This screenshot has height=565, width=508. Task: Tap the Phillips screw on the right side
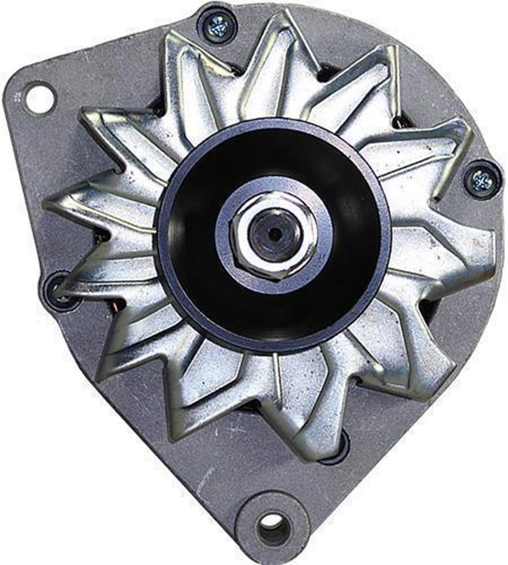point(481,178)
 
